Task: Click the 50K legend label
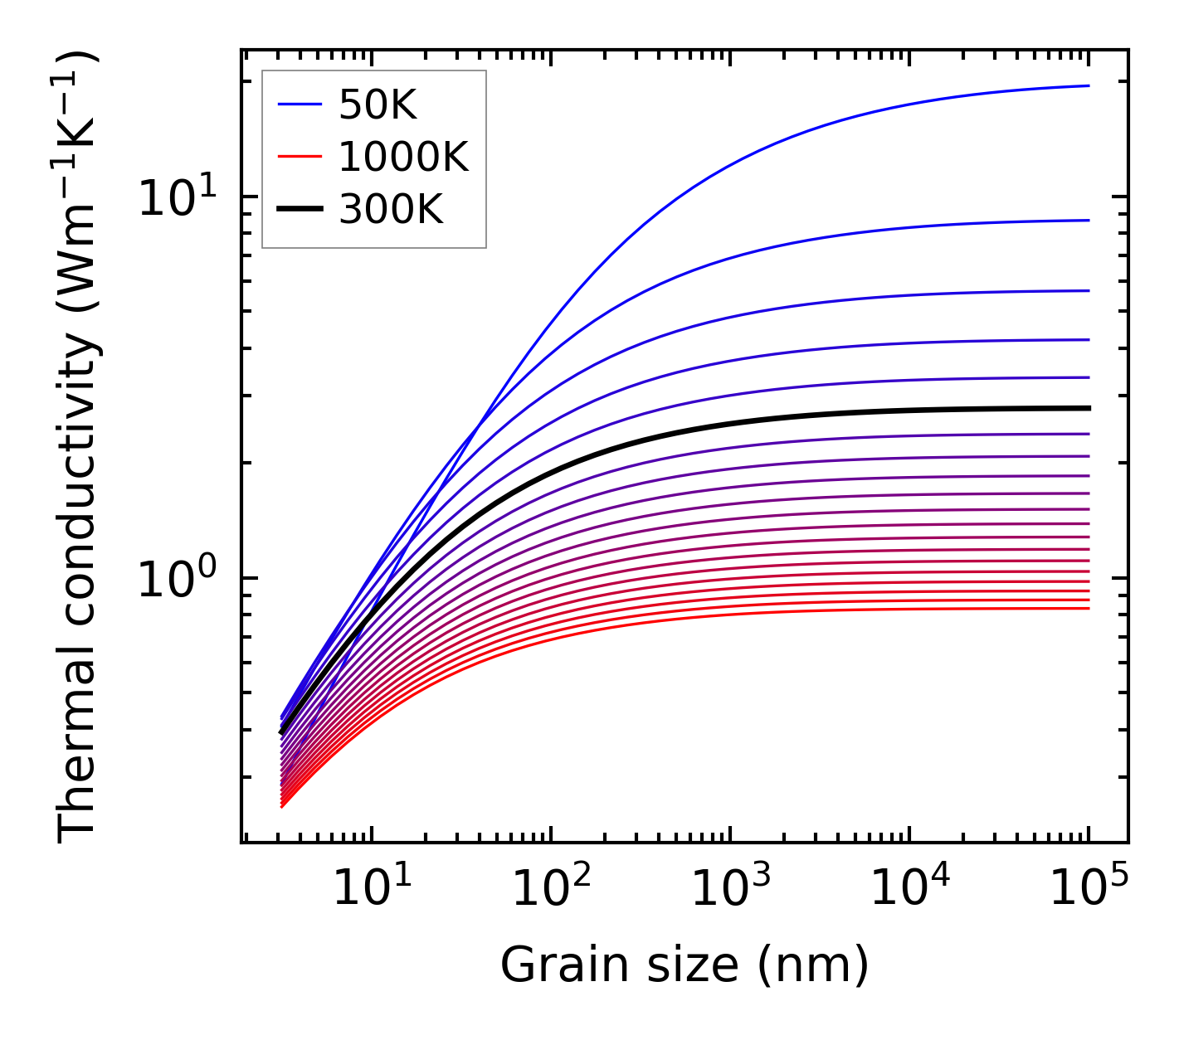(x=378, y=104)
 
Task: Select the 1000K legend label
(x=403, y=157)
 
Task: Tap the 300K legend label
(x=391, y=210)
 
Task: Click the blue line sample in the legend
(x=300, y=104)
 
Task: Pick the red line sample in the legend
(x=300, y=157)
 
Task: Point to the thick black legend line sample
(x=300, y=210)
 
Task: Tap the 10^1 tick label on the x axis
(x=372, y=889)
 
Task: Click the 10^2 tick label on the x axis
(x=551, y=889)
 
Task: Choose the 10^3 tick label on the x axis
(x=730, y=889)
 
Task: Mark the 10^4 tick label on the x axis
(x=909, y=889)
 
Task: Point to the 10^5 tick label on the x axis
(x=1089, y=889)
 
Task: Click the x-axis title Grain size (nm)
(x=685, y=965)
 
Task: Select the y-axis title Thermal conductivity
(x=79, y=448)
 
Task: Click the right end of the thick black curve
(x=1087, y=408)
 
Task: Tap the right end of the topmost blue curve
(x=1087, y=85)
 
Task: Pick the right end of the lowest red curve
(x=1087, y=609)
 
